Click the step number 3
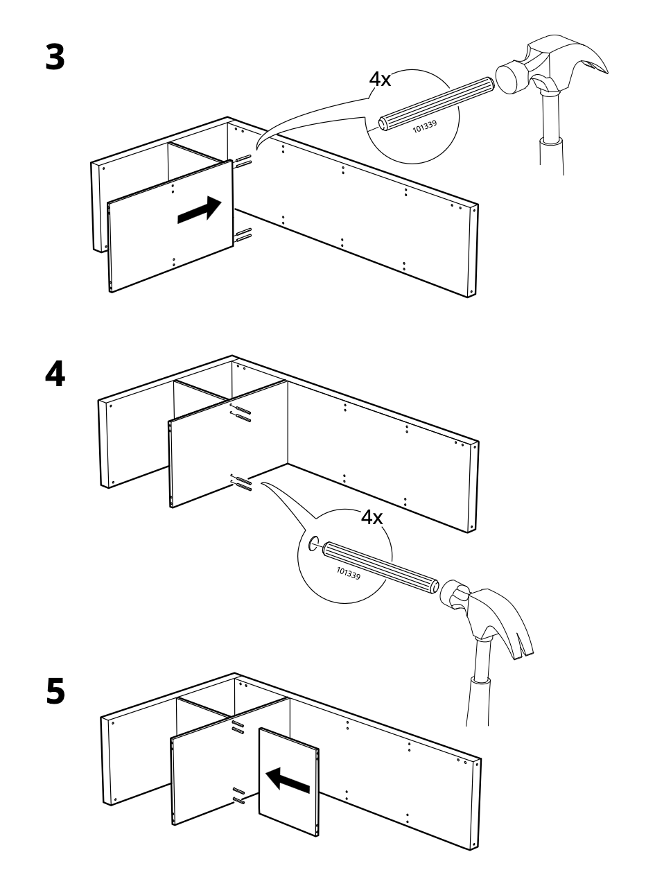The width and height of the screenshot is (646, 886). point(55,58)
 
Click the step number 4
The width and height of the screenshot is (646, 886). point(55,374)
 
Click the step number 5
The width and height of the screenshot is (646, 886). point(55,691)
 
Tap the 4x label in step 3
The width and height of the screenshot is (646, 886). point(380,80)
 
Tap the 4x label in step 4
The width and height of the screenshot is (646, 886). point(372,517)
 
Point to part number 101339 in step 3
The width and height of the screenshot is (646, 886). point(425,126)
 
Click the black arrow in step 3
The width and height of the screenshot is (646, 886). point(199,209)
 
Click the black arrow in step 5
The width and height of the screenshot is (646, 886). point(288,780)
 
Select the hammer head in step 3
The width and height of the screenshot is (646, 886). point(552,63)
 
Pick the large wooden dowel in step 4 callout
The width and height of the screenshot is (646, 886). point(381,568)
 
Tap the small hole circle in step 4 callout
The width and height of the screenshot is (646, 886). point(313,544)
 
